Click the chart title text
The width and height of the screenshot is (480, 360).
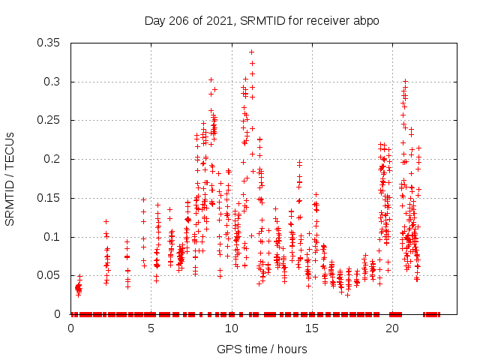(262, 20)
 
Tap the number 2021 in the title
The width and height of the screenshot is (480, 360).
(220, 20)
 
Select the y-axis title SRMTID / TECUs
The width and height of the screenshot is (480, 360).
(10, 178)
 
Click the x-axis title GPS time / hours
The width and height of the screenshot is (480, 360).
(262, 349)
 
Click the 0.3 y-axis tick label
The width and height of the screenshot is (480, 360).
(55, 82)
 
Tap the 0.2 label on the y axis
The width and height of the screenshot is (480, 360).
(55, 159)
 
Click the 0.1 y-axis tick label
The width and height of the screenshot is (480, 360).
(55, 237)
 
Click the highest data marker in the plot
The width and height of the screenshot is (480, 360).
(251, 52)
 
